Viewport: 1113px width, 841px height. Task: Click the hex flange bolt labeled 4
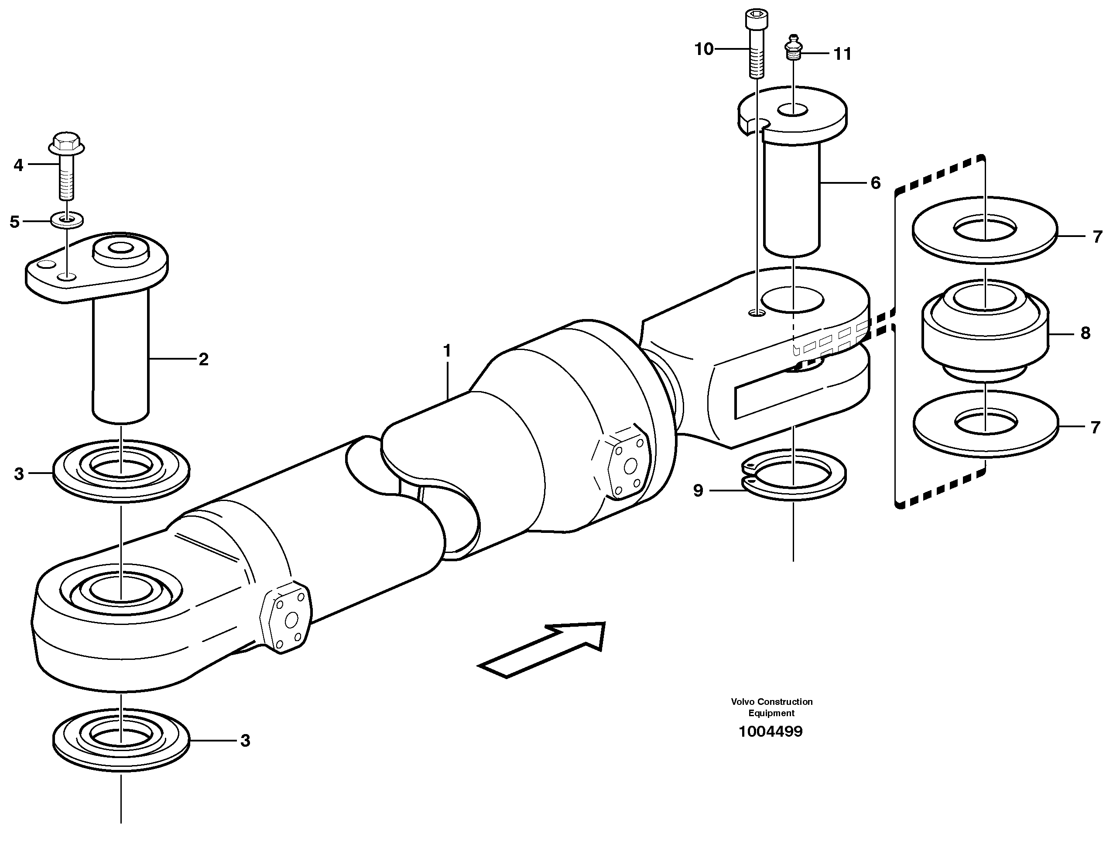[x=66, y=166]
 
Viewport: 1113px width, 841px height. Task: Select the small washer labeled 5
[x=67, y=220]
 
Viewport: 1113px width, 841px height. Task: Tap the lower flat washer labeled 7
[x=985, y=424]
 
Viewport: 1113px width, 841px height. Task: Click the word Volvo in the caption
[x=743, y=702]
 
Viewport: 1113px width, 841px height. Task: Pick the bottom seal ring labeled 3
[x=121, y=739]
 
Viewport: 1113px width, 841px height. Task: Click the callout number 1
[x=447, y=351]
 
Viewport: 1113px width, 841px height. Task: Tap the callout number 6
[x=876, y=183]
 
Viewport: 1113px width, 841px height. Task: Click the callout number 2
[x=203, y=359]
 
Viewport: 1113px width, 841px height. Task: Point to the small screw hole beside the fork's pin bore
[x=757, y=313]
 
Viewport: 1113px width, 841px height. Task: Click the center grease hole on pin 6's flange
[x=794, y=109]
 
